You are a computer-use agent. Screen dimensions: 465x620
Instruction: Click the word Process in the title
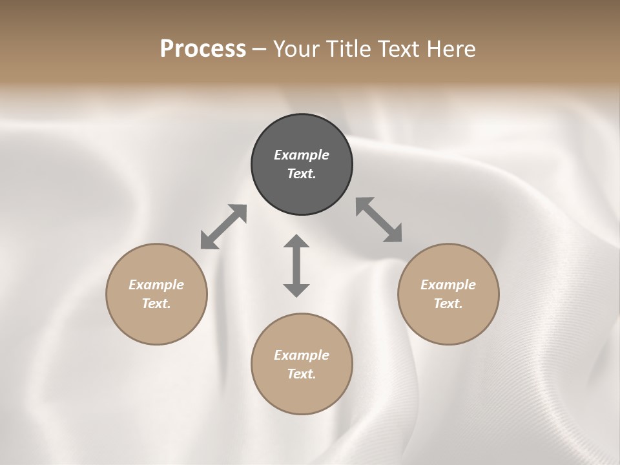click(203, 49)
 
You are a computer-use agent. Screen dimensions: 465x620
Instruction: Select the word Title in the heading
click(347, 49)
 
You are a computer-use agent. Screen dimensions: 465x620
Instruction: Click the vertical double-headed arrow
click(296, 265)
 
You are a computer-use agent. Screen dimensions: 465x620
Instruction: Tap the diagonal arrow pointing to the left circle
click(223, 227)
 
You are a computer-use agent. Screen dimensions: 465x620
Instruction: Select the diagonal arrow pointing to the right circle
click(379, 220)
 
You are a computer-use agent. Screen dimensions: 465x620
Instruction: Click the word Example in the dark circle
click(302, 155)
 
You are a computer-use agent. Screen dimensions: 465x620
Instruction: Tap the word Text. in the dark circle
click(302, 174)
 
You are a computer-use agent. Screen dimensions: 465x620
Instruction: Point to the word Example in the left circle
click(156, 285)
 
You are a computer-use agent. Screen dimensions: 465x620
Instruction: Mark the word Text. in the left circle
click(156, 304)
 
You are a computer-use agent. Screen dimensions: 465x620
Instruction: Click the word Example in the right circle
click(448, 285)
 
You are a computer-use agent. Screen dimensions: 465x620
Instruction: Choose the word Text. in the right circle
click(448, 304)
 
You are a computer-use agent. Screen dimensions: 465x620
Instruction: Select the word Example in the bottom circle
click(302, 355)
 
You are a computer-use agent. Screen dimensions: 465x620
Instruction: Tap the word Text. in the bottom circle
click(302, 374)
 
